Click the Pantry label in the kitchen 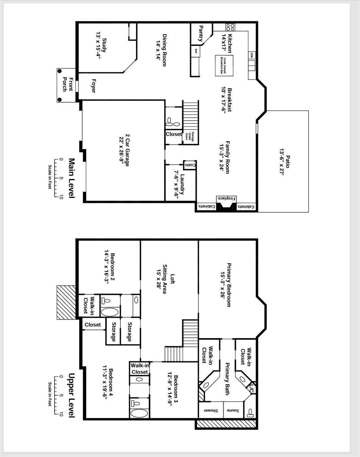[201, 33]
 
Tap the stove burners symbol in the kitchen [230, 27]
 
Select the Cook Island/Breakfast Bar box [224, 65]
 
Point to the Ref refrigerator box [196, 51]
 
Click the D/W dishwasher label [251, 55]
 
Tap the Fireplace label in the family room [227, 198]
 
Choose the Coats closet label [190, 165]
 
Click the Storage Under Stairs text [190, 137]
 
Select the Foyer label [93, 86]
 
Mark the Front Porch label [67, 84]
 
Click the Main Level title [71, 178]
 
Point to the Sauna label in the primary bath [233, 411]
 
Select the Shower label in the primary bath [211, 411]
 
